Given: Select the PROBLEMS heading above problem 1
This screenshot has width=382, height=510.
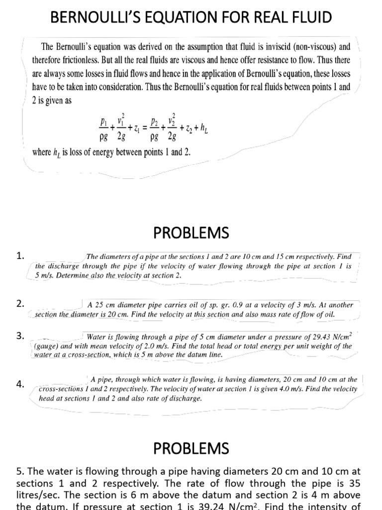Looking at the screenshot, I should [191, 233].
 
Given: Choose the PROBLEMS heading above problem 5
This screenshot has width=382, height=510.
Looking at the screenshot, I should [191, 448].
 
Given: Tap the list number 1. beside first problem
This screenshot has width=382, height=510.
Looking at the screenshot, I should [20, 256].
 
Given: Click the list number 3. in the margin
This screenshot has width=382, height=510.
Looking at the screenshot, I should [20, 336].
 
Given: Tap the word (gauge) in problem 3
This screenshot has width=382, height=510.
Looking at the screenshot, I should [46, 346].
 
